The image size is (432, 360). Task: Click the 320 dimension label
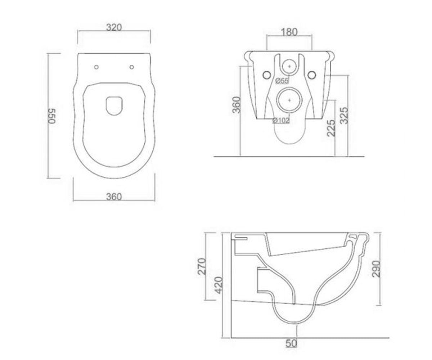point(114,27)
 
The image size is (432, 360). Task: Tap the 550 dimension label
point(52,116)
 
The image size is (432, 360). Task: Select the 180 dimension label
point(289,32)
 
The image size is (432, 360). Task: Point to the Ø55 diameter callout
point(282,81)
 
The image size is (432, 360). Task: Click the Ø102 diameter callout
point(281,120)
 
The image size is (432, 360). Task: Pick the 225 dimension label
point(331,128)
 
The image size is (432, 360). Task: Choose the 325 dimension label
point(344,116)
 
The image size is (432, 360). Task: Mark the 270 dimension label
point(202,266)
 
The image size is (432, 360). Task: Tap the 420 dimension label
point(218,285)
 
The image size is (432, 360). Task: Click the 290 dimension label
point(376,269)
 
